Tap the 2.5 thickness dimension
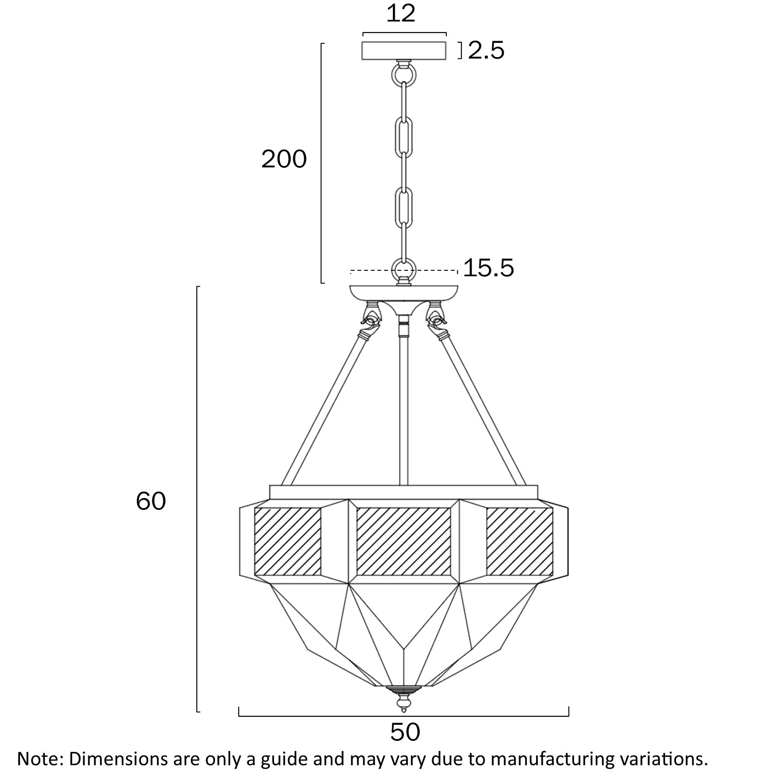(486, 50)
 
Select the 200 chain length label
(284, 160)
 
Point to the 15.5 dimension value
(488, 268)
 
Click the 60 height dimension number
(150, 501)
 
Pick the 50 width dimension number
(405, 732)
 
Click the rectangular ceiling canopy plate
(404, 50)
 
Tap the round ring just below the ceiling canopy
(404, 73)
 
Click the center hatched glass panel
(403, 541)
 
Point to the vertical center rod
(403, 412)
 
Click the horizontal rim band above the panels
(403, 492)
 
